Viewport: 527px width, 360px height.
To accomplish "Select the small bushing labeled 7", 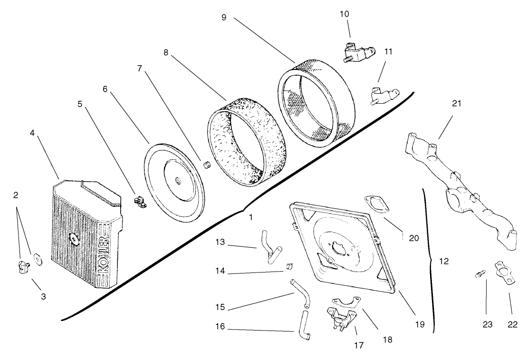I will click(x=206, y=165).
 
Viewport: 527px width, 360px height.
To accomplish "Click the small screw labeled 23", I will click(x=479, y=274).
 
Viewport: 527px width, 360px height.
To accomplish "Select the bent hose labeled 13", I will click(x=269, y=245).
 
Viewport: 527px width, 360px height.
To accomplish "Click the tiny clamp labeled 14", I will click(x=288, y=265).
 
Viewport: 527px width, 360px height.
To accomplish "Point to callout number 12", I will click(x=444, y=261).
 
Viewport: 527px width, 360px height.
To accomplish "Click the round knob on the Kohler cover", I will click(x=75, y=239).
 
